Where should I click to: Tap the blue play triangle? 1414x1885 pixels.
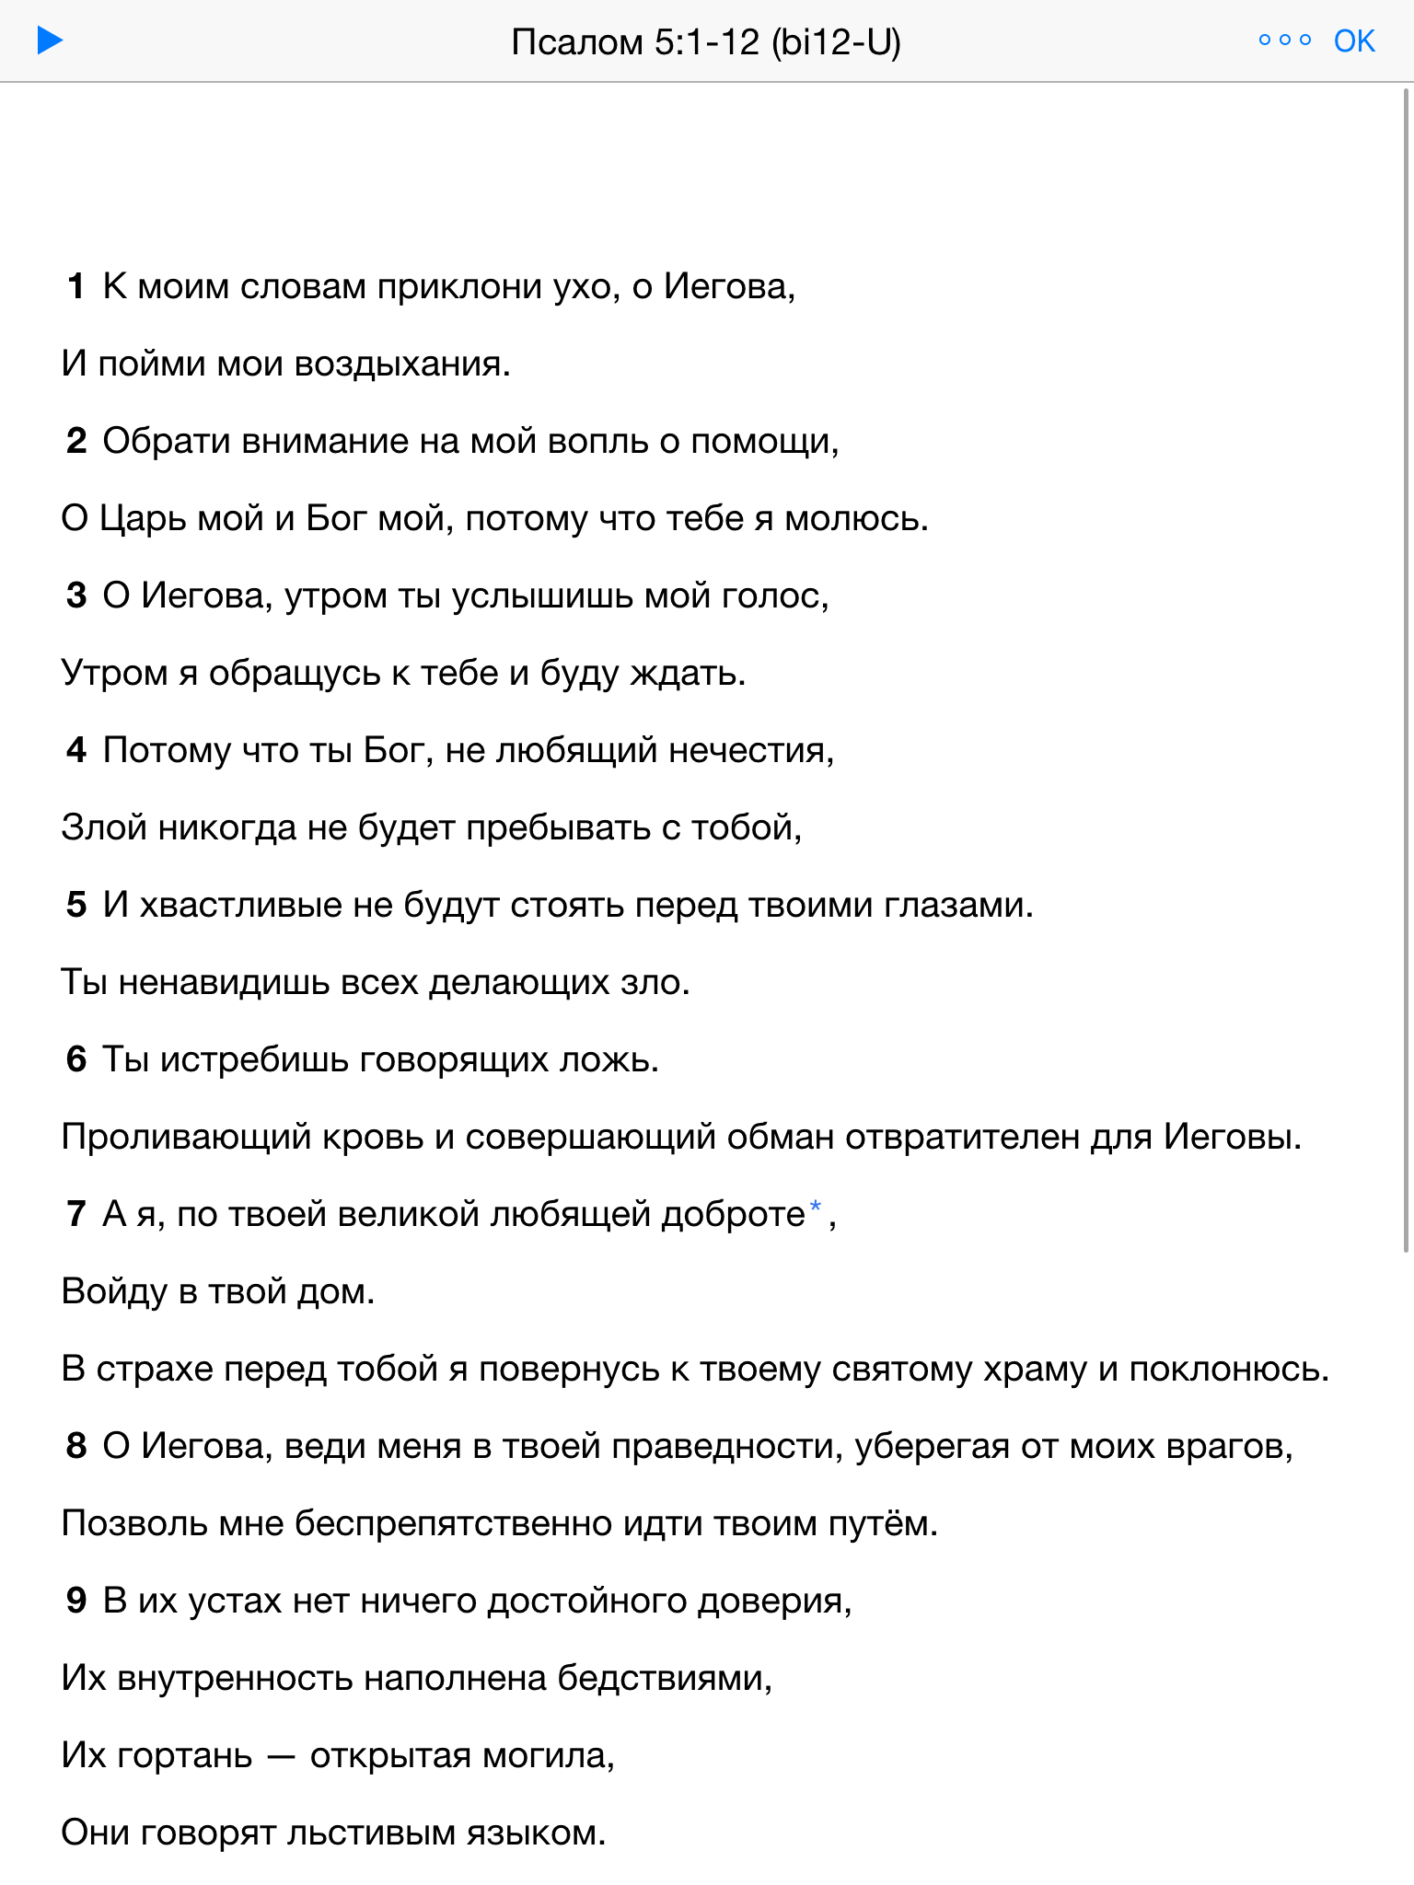coord(50,41)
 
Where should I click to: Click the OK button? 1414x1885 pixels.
coord(1354,41)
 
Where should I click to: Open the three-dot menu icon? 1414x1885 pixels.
coord(1284,40)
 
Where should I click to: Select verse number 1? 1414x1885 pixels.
coord(76,287)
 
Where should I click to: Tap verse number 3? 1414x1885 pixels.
coord(76,596)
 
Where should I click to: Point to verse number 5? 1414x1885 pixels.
coord(76,906)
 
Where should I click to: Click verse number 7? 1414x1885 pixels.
coord(76,1215)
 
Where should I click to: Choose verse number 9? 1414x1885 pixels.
coord(76,1602)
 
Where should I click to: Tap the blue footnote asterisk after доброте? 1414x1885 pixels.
coord(815,1208)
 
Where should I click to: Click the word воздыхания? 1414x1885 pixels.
coord(401,364)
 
